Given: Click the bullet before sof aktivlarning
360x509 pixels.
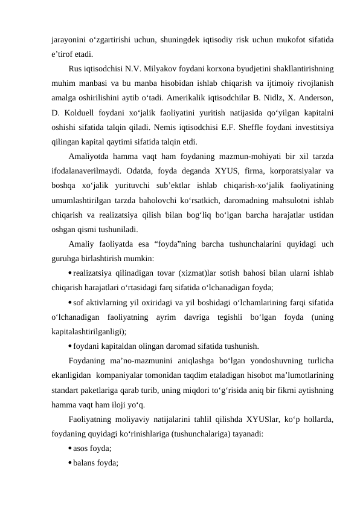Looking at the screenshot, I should (70, 302).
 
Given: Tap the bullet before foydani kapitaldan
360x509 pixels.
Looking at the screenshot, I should (70, 346).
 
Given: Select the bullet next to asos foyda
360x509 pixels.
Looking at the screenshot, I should (70, 449).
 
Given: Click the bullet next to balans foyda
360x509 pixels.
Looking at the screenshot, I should (70, 463).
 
